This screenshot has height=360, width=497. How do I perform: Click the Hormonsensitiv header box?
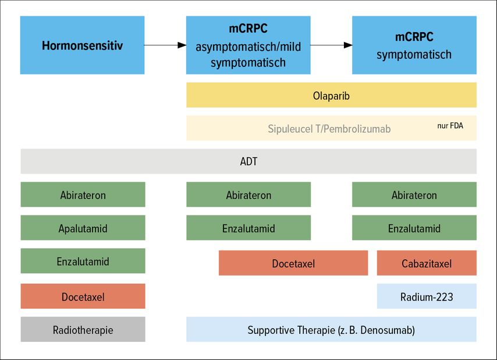83,45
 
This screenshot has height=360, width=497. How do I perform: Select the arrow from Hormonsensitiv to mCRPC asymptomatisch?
165,45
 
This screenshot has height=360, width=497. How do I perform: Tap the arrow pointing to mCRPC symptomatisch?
331,45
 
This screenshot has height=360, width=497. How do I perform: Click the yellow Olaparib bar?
331,95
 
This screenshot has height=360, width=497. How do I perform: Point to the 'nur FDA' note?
450,126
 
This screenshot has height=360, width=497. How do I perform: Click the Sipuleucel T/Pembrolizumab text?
329,129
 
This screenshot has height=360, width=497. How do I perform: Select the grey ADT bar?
248,161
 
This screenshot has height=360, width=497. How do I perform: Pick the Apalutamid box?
83,228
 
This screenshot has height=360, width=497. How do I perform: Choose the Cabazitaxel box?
427,263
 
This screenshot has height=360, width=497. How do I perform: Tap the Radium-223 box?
427,297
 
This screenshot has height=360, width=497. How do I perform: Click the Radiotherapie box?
83,329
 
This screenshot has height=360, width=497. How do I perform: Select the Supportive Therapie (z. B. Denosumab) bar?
331,329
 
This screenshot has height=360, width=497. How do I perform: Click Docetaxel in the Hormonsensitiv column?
83,297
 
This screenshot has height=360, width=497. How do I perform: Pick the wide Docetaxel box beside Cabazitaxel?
293,263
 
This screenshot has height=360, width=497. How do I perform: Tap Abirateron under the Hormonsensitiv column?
83,195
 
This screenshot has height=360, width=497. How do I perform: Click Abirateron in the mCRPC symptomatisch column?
414,195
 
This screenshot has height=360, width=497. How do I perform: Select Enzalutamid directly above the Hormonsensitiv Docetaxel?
83,261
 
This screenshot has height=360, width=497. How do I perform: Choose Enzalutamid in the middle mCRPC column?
248,228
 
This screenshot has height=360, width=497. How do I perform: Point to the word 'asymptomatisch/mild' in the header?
248,47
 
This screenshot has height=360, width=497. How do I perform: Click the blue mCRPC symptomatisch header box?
414,45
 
